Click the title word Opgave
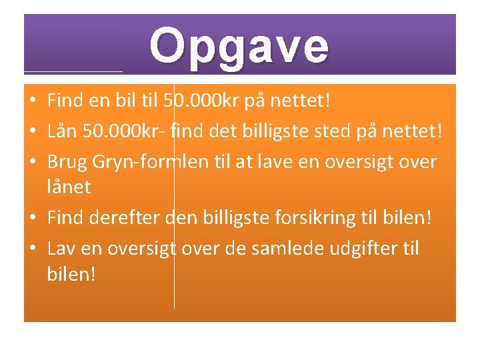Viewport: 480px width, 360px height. click(239, 46)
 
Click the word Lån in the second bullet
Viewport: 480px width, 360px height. click(63, 131)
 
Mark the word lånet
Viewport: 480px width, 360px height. click(69, 187)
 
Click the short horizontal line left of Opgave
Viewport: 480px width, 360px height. click(73, 71)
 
